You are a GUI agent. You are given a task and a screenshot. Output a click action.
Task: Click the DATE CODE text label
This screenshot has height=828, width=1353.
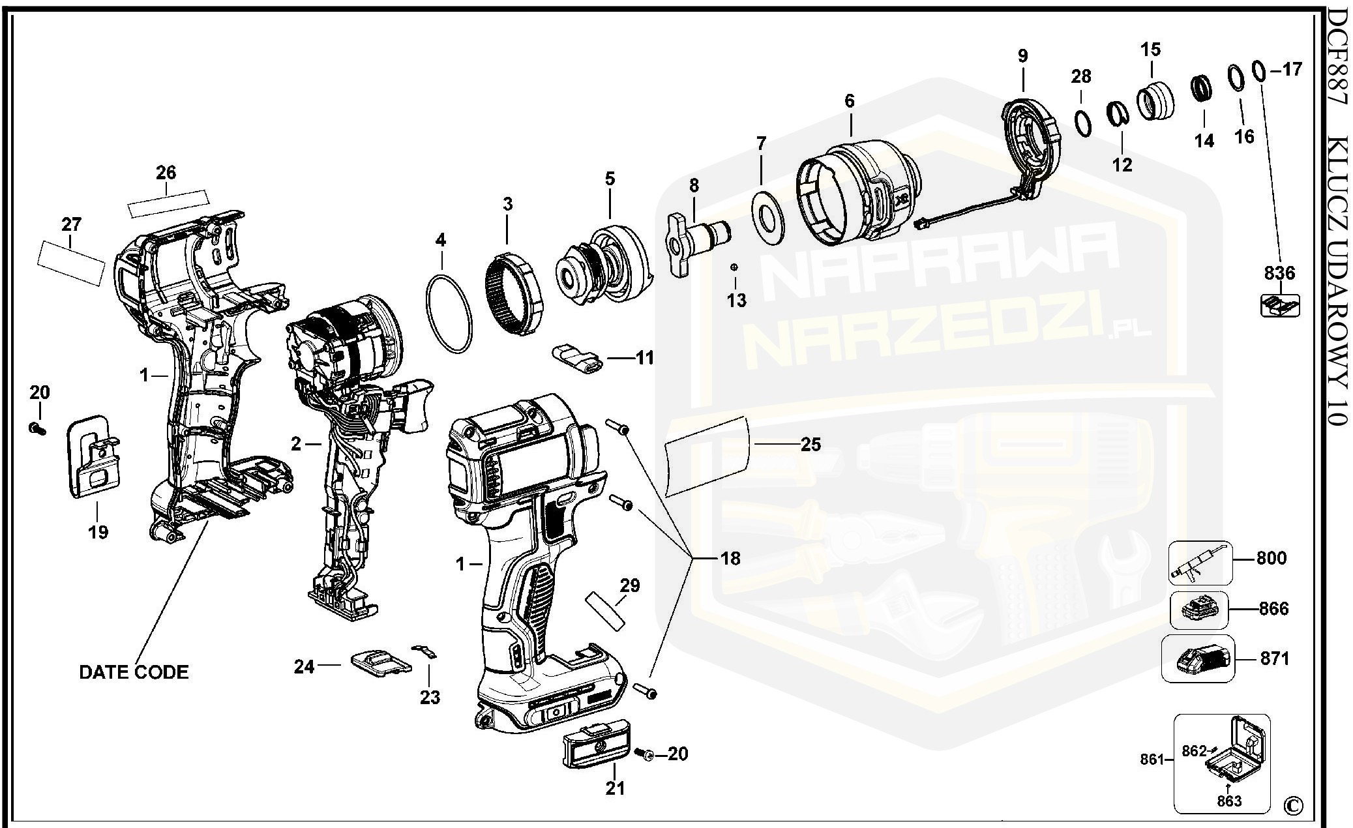(x=134, y=672)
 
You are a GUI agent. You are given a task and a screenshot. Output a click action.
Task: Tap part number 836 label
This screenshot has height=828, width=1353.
(x=1279, y=273)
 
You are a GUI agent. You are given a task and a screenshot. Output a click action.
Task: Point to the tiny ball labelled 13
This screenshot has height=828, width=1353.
(x=735, y=267)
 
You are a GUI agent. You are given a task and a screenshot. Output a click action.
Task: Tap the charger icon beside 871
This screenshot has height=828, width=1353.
(x=1198, y=658)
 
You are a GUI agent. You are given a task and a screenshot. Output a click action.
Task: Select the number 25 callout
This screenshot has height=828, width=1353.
(x=810, y=445)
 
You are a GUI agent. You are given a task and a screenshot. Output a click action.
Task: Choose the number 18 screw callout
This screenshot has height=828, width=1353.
(x=730, y=558)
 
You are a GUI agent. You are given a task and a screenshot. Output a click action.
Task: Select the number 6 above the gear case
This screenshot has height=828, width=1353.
(x=848, y=101)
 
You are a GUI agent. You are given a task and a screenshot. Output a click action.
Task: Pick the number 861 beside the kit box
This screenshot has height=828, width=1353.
(x=1153, y=760)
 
